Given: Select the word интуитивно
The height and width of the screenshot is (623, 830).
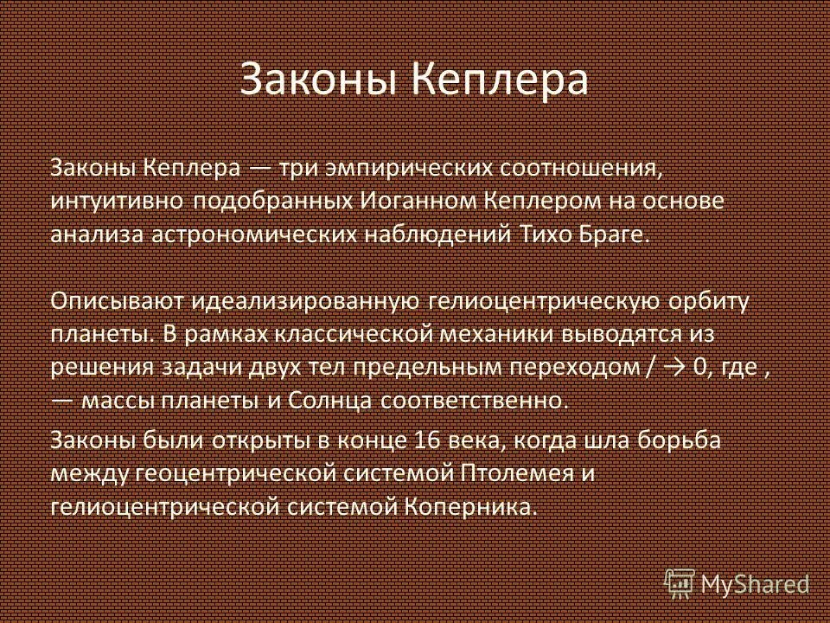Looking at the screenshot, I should pos(116,202).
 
